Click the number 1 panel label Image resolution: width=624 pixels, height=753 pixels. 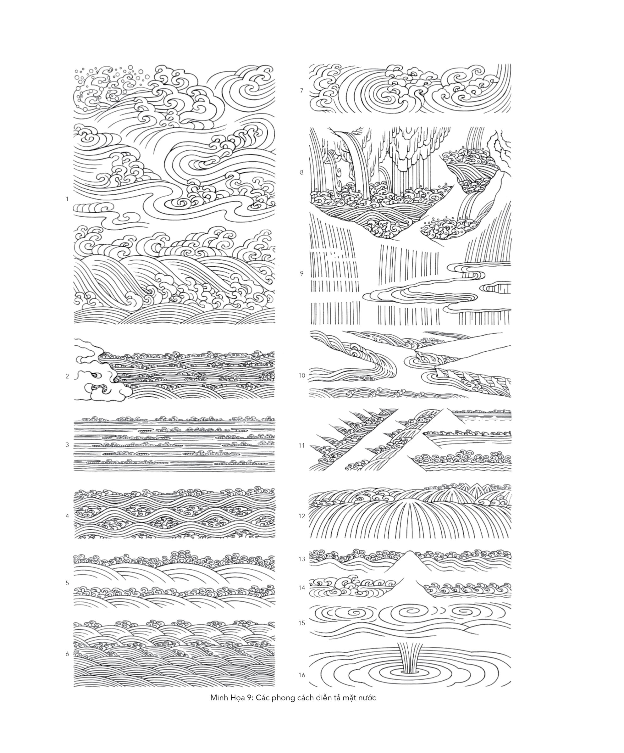click(x=67, y=199)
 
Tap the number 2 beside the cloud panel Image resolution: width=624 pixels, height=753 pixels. click(x=67, y=376)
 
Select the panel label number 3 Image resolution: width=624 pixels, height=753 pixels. click(x=67, y=445)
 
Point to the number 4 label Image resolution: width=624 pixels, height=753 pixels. click(x=67, y=516)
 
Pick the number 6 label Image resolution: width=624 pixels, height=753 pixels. click(x=67, y=654)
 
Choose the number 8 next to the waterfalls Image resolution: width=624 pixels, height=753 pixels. click(x=302, y=172)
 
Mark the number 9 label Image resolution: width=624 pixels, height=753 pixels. click(x=302, y=274)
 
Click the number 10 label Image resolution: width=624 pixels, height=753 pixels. click(x=302, y=376)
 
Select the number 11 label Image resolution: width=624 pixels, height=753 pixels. click(x=302, y=445)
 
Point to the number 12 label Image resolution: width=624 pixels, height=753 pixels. click(x=302, y=516)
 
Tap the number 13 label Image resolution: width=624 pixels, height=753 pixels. click(x=302, y=559)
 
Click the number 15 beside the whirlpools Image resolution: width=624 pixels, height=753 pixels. click(x=302, y=623)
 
